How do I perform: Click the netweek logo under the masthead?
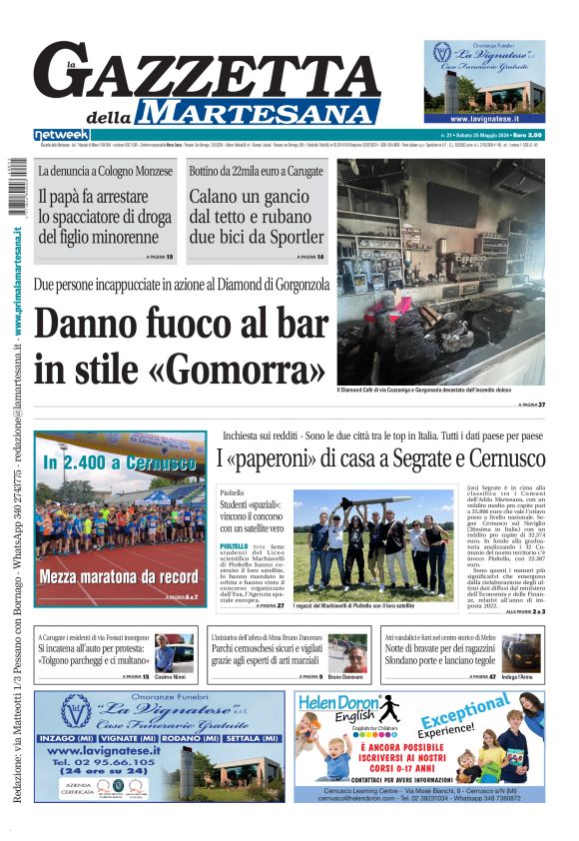tap(61, 135)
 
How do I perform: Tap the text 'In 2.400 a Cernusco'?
tap(119, 463)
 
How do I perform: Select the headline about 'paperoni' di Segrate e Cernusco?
tap(380, 460)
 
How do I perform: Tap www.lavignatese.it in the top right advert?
tap(484, 117)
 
